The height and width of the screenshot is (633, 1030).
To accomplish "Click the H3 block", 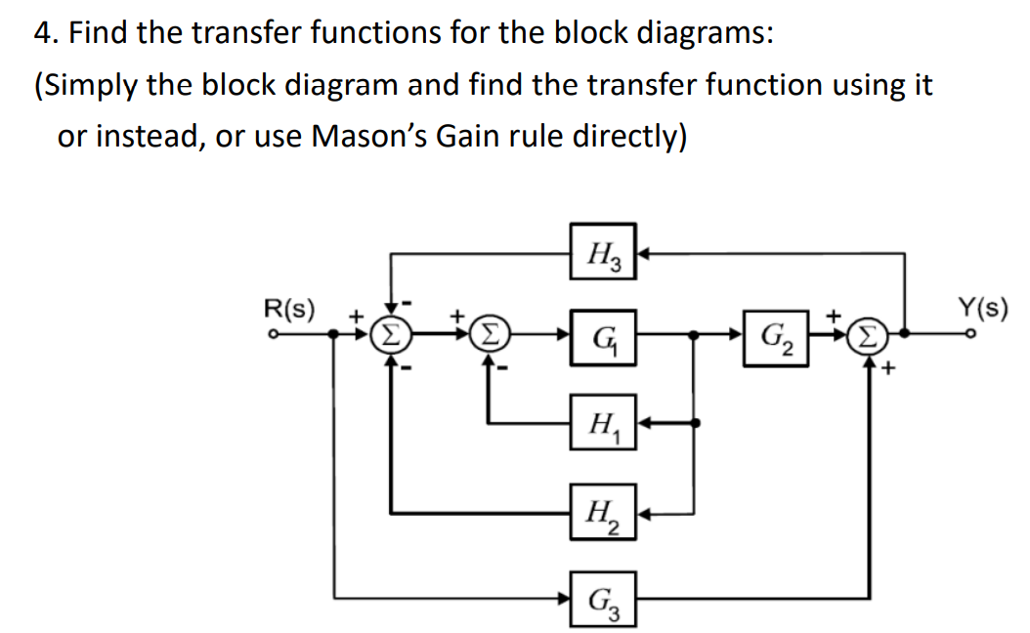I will (603, 252).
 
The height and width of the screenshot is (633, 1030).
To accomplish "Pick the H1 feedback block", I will (603, 425).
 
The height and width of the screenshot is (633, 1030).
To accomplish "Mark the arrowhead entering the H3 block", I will (645, 253).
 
